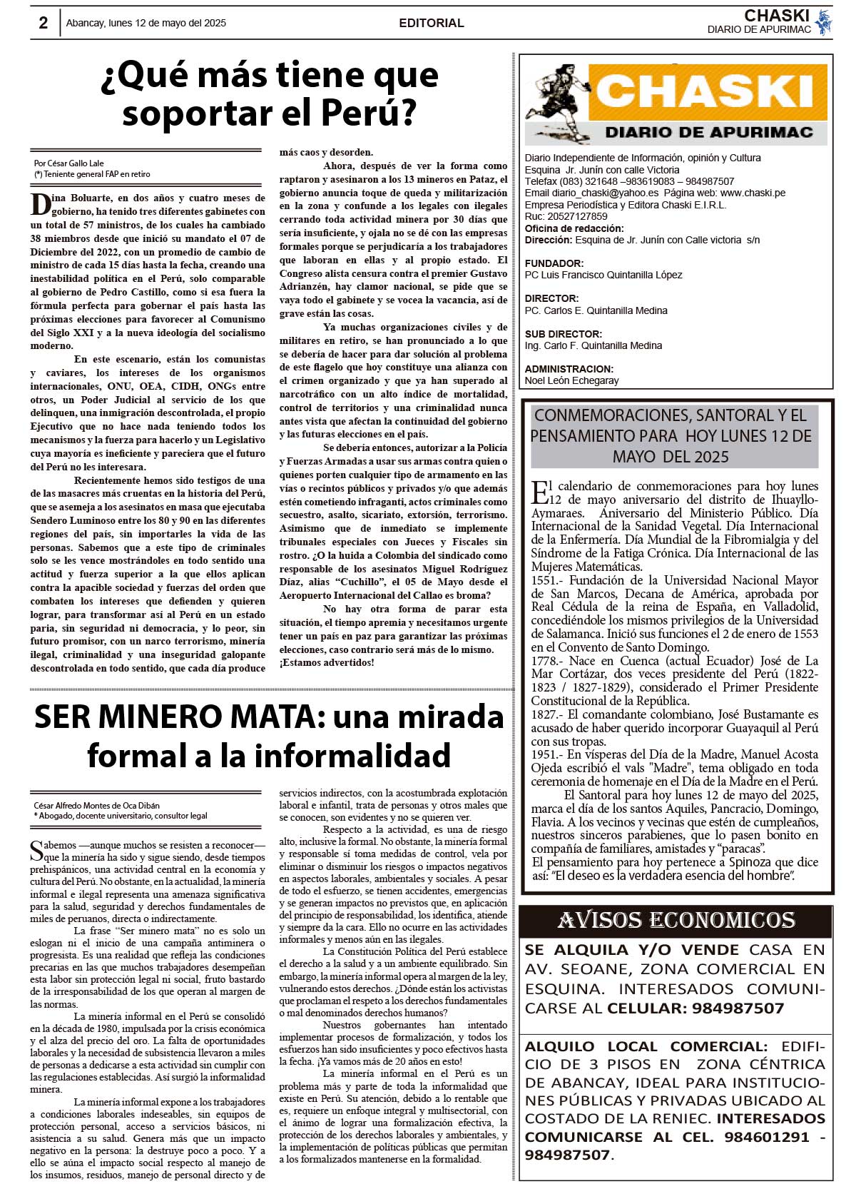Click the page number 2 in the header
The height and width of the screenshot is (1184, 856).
coord(44,23)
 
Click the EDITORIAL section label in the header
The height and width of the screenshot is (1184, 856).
coord(431,23)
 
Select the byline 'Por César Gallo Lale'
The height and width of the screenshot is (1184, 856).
coord(68,163)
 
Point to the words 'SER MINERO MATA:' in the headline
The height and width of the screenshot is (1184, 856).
coord(178,717)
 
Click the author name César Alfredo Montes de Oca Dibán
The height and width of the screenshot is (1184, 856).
coord(96,806)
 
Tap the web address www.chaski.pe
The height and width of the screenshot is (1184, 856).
coord(753,193)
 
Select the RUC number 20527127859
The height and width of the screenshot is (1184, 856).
coord(577,216)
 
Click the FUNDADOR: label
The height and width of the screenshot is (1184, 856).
coord(554,263)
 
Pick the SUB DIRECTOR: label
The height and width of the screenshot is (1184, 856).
coord(563,334)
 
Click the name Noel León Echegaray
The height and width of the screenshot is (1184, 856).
coord(571,380)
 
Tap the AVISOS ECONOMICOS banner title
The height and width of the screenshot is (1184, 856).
coord(676,921)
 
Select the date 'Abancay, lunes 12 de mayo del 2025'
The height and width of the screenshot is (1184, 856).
coord(146,23)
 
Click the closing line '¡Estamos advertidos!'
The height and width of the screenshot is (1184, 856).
coord(326,663)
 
